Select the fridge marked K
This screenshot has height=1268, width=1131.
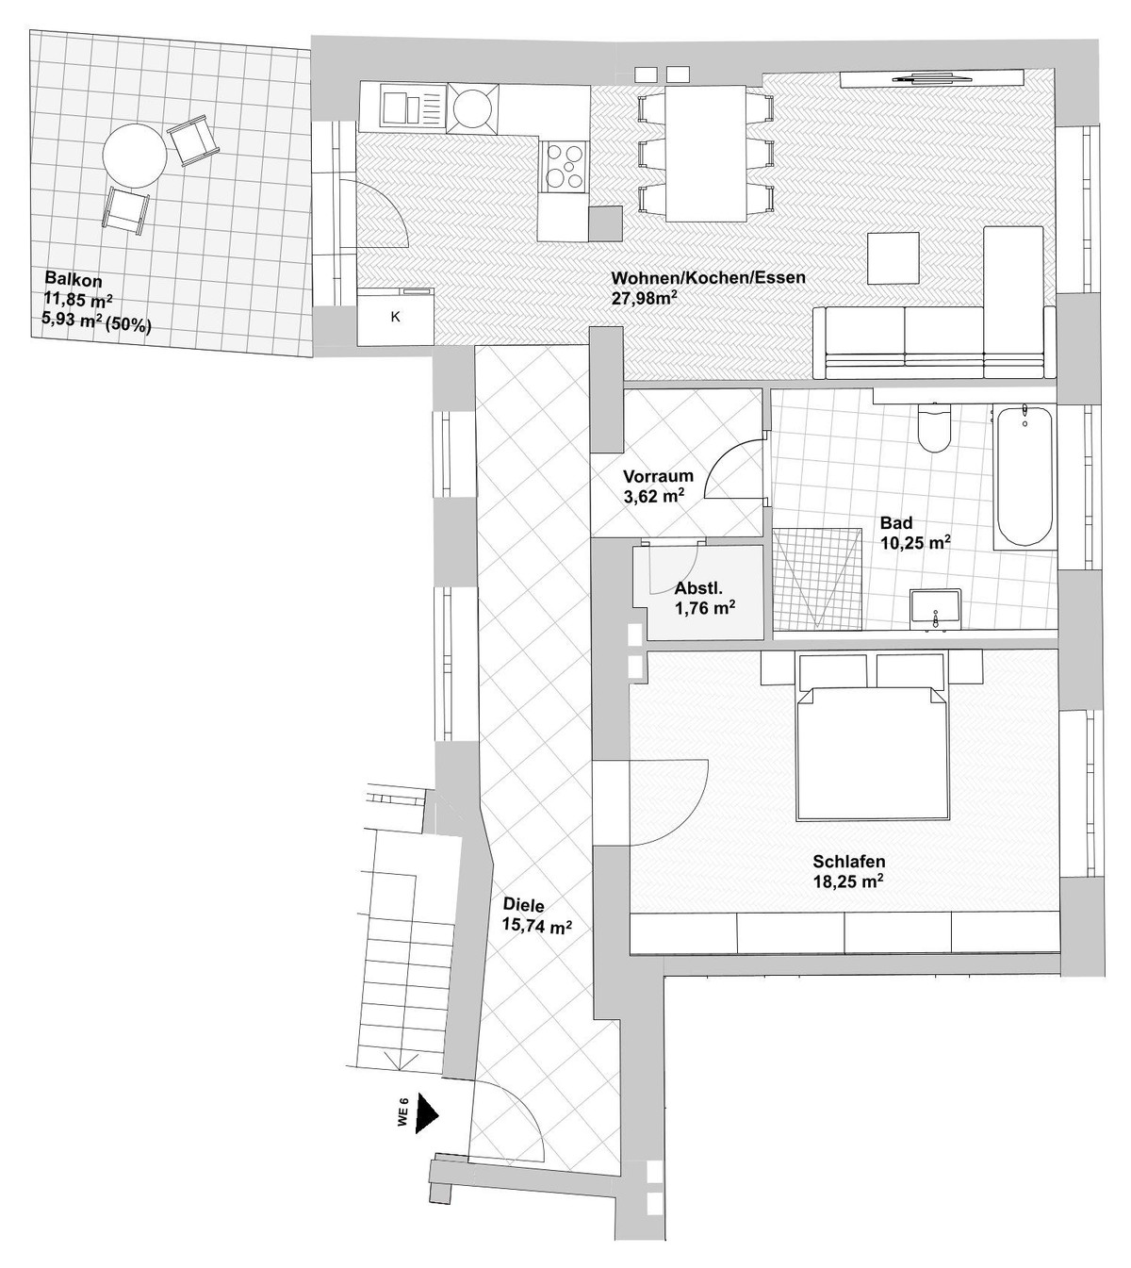(x=396, y=317)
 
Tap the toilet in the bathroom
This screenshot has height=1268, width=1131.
(x=935, y=429)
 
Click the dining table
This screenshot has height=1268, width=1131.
(x=707, y=152)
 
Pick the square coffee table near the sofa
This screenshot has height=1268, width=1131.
(x=893, y=257)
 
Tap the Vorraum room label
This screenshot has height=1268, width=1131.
(x=659, y=476)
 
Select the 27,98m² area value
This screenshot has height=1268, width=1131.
(x=646, y=299)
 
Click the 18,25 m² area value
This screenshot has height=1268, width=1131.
(x=847, y=883)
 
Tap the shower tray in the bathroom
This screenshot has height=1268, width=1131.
(x=817, y=577)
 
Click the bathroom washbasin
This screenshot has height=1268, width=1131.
(x=935, y=608)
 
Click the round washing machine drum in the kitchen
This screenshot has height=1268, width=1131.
(x=471, y=107)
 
